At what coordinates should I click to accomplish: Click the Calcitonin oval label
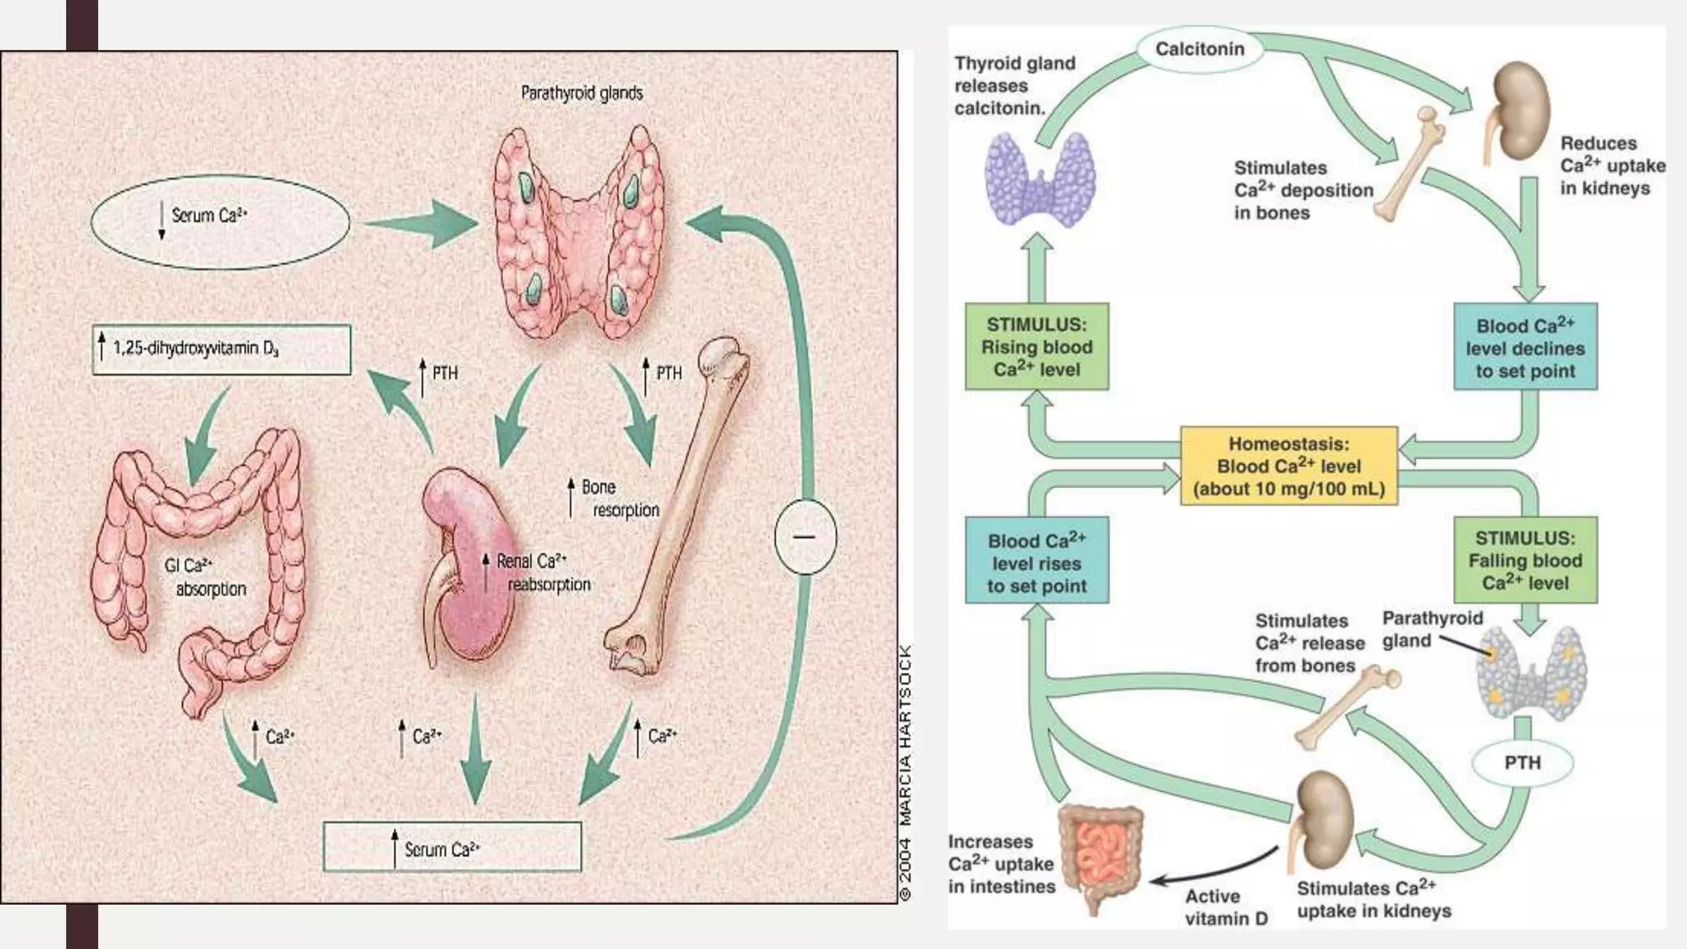tap(1199, 49)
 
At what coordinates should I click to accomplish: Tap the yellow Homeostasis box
tap(1288, 466)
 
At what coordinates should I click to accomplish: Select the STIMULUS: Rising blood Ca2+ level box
tap(1036, 347)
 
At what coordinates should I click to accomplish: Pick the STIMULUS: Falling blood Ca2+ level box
tap(1525, 560)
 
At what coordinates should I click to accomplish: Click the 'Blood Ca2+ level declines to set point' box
tap(1525, 347)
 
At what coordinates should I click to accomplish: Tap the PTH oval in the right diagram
tap(1521, 763)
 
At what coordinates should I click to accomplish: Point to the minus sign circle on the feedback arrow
tap(805, 537)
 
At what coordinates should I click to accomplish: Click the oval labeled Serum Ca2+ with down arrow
tap(220, 222)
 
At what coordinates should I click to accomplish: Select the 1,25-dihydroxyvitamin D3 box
tap(221, 349)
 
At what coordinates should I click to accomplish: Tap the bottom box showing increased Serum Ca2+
tap(451, 848)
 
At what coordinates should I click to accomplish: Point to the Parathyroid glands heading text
tap(582, 93)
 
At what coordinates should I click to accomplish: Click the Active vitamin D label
tap(1226, 907)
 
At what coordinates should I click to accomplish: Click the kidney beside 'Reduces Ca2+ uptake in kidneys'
tap(1520, 111)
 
